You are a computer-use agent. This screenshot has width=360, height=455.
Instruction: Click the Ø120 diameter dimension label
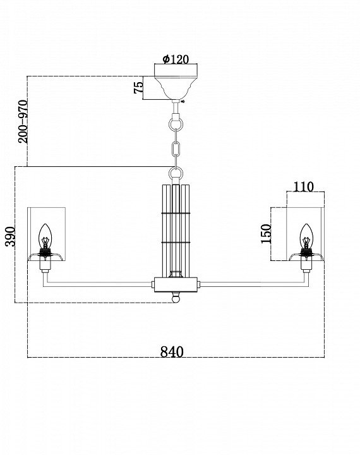click(x=176, y=59)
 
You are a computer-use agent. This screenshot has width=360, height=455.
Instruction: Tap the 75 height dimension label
click(x=139, y=87)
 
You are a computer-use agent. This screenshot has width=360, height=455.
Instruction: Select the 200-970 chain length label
click(x=23, y=121)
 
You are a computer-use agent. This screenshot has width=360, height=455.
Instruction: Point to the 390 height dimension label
click(x=11, y=236)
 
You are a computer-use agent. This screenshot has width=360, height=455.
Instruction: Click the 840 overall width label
click(x=172, y=352)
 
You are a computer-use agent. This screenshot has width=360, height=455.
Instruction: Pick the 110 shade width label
click(x=303, y=187)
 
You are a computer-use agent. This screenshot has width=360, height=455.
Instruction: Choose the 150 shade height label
click(x=266, y=234)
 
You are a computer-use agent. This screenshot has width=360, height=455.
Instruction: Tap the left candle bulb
click(x=45, y=236)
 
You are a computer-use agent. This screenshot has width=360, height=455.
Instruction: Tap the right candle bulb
click(x=306, y=236)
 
